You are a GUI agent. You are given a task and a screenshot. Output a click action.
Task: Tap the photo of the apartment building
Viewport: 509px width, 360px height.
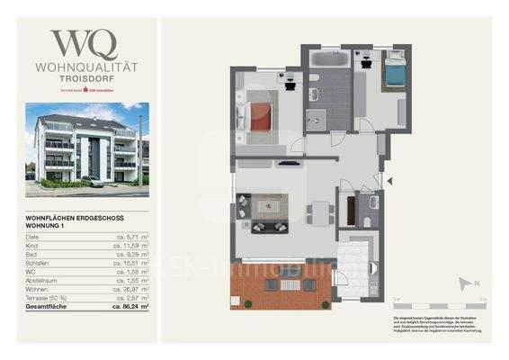[87, 149]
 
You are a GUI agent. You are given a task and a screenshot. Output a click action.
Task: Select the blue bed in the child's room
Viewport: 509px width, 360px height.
[393, 70]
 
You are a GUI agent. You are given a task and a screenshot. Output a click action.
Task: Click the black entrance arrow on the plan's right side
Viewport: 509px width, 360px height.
[389, 181]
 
